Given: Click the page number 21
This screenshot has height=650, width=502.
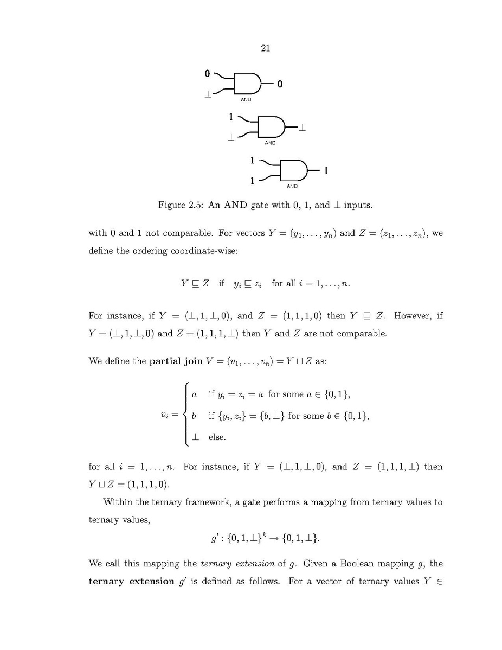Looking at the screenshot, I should [266, 49].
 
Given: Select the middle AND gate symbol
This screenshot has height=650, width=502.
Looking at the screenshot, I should [271, 127].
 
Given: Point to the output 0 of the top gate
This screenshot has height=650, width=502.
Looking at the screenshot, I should [280, 84].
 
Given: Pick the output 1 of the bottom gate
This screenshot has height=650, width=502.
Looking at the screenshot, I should [326, 171].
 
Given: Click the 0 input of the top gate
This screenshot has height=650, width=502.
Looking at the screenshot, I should [207, 73].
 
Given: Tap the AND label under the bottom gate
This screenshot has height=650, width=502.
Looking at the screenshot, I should [292, 186].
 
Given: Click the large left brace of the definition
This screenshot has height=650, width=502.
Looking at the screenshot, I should [186, 415].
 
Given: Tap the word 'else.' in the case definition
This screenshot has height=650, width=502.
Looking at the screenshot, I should [217, 436].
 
